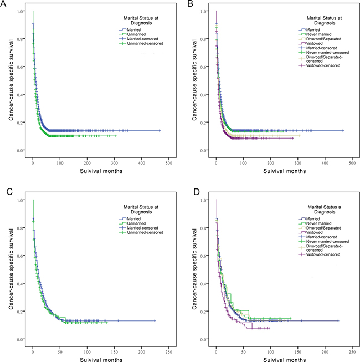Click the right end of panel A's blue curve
(160, 131)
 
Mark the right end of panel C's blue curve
(155, 320)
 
